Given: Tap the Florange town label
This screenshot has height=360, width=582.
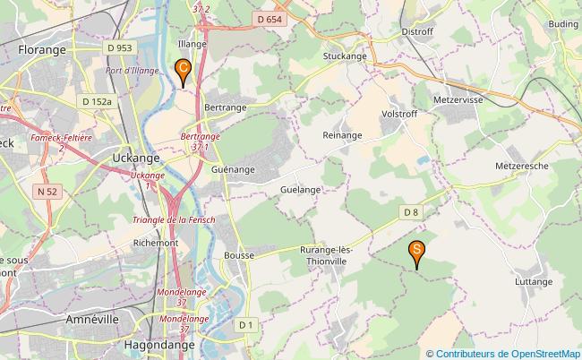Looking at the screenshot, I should [42, 50].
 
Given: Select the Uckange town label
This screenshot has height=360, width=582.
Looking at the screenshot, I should [136, 158].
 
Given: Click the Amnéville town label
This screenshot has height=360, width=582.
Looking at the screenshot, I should [93, 319].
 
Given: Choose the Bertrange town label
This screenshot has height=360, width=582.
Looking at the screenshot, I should [226, 107].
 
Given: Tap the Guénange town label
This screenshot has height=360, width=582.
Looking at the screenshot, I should [234, 168].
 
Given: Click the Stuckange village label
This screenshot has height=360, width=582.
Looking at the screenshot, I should [345, 56].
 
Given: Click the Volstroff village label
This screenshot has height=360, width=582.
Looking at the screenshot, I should [400, 115].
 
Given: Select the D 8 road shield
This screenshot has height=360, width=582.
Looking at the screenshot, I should [410, 211].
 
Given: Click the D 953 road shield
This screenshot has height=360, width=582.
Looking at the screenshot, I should [118, 47].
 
